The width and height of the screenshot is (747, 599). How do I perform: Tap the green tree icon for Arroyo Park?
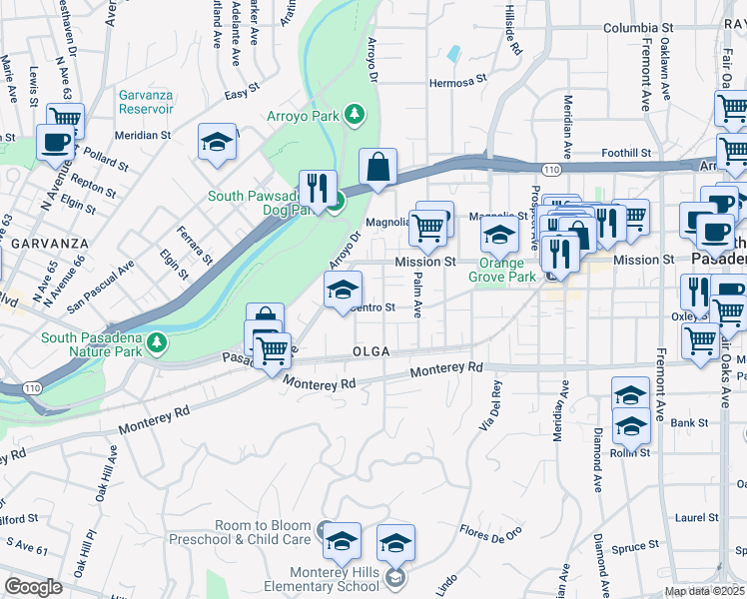tap(355, 115)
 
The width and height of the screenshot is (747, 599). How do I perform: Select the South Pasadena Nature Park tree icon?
tap(156, 343)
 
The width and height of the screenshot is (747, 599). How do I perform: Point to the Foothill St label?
tap(627, 154)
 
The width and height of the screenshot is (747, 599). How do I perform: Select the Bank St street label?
tap(689, 423)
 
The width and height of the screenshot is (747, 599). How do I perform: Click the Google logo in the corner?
tap(33, 587)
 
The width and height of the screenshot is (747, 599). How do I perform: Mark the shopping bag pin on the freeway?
tap(378, 169)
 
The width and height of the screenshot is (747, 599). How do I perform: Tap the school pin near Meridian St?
tap(217, 144)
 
